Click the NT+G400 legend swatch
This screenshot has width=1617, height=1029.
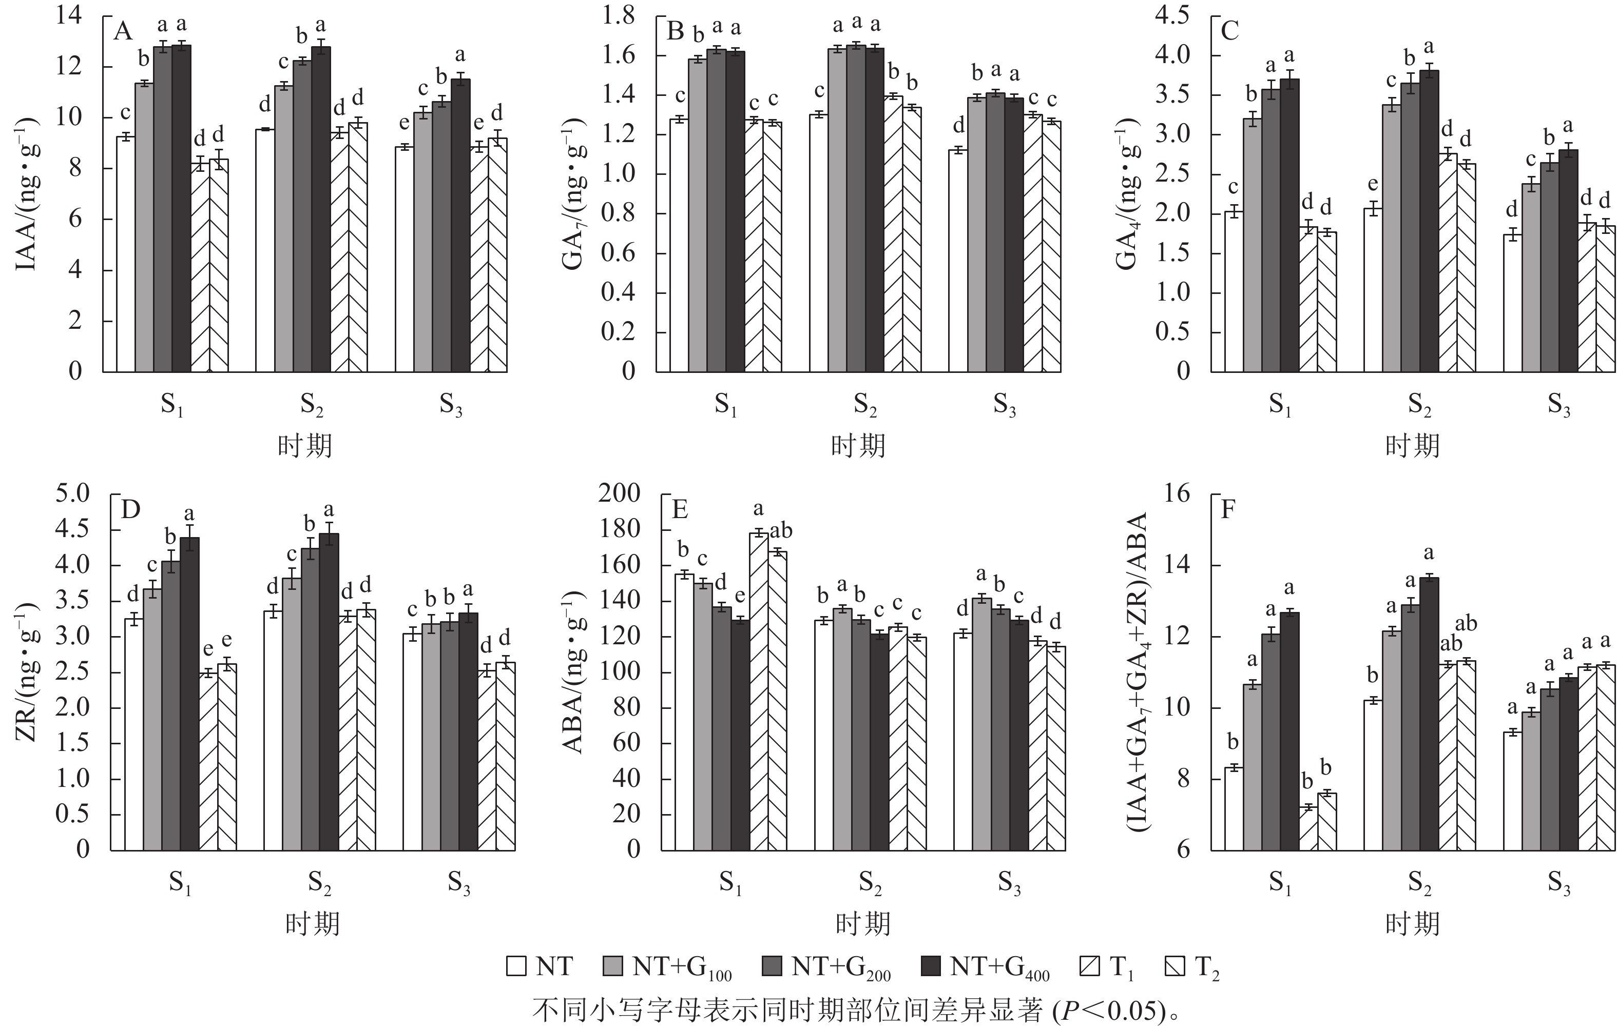(931, 966)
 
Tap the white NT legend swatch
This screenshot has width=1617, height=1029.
(516, 966)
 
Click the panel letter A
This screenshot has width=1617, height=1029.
(123, 31)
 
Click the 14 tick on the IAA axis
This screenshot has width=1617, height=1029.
(69, 15)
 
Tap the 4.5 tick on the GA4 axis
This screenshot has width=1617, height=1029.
(1172, 15)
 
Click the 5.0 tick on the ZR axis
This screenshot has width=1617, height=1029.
(72, 494)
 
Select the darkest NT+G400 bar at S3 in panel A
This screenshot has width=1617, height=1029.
(460, 226)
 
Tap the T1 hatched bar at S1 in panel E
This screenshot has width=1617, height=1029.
(760, 691)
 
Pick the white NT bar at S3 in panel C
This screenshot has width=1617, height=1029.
(1512, 303)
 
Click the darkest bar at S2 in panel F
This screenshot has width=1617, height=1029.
(1429, 714)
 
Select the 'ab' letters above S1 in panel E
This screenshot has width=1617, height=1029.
(780, 531)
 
